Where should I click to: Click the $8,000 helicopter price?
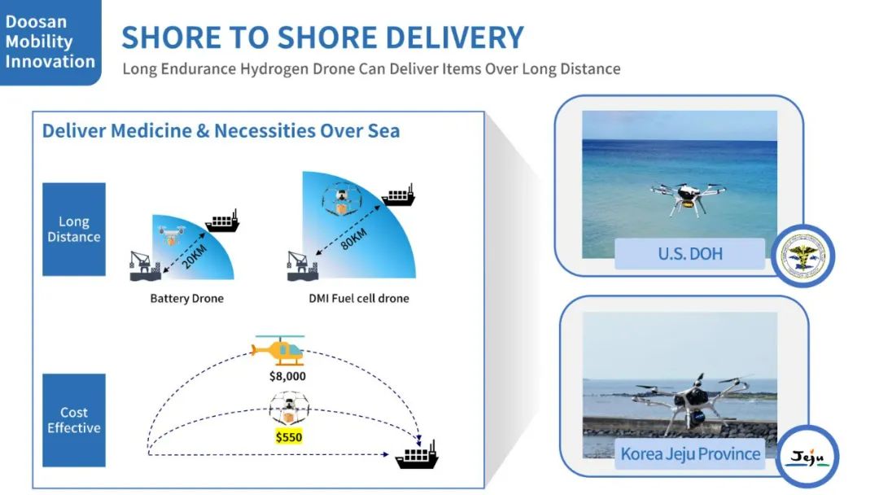point(287,376)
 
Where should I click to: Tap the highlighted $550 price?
point(289,436)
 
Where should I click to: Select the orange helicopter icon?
point(278,350)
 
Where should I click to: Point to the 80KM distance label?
point(354,239)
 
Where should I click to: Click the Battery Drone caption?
point(186,298)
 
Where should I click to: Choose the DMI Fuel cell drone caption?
point(359,298)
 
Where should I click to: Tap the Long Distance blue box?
point(74,230)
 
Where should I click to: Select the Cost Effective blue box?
point(74,420)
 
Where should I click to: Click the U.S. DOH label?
point(690,254)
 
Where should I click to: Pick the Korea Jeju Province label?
point(690,453)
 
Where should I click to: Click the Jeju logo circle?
point(808,456)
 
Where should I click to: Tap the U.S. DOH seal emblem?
point(803,256)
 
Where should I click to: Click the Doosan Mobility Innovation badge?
point(50,42)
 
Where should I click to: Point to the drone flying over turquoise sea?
point(689,198)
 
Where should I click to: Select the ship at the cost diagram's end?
point(417,454)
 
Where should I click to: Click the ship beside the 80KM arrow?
point(399,195)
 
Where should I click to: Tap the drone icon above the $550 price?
point(289,408)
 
